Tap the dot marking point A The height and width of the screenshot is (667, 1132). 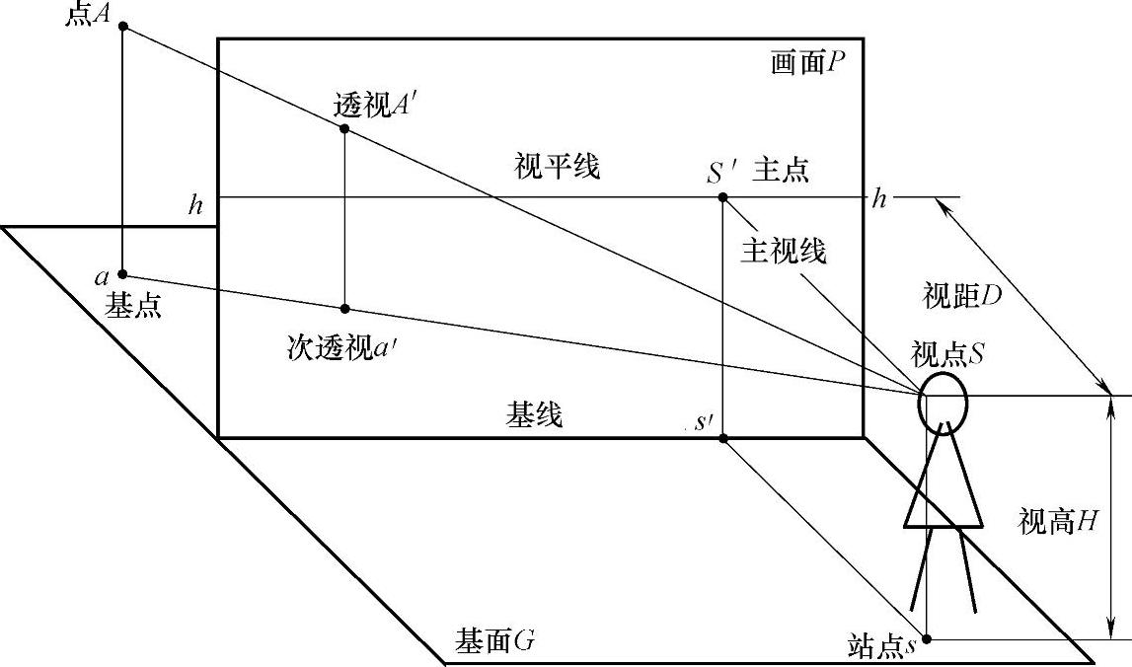point(122,27)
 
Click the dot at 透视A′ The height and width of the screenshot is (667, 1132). point(344,128)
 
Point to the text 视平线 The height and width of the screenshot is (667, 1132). point(557,167)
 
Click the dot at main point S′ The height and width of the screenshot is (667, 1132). point(723,197)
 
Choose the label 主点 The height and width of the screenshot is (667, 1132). point(781,170)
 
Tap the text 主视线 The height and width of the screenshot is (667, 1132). point(783,252)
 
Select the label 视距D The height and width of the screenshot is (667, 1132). point(962,294)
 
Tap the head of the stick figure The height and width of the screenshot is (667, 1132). point(943,401)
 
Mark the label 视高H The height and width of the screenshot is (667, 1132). point(1058,522)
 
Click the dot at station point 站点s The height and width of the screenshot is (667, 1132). point(926,638)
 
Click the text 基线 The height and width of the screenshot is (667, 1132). point(535,415)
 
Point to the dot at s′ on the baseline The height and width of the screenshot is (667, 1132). point(723,437)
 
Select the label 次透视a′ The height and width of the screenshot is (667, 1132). point(337,346)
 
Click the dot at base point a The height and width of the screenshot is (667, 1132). point(122,274)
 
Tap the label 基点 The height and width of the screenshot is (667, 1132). point(133,307)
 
